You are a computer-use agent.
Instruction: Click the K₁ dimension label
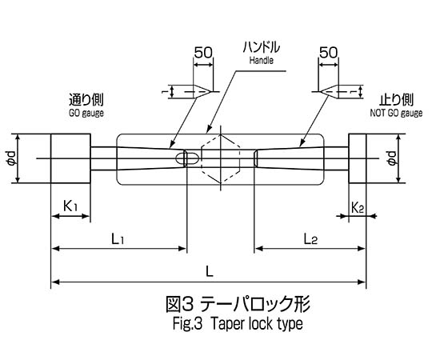point(70,206)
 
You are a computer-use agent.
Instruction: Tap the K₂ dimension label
point(358,208)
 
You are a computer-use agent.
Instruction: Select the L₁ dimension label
point(118,239)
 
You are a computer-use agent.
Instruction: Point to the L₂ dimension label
point(310,239)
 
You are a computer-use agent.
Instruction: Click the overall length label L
point(210,272)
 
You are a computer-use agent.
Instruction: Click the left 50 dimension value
point(203,52)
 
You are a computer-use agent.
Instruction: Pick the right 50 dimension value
point(328,52)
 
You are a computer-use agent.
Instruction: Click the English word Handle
point(261,60)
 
